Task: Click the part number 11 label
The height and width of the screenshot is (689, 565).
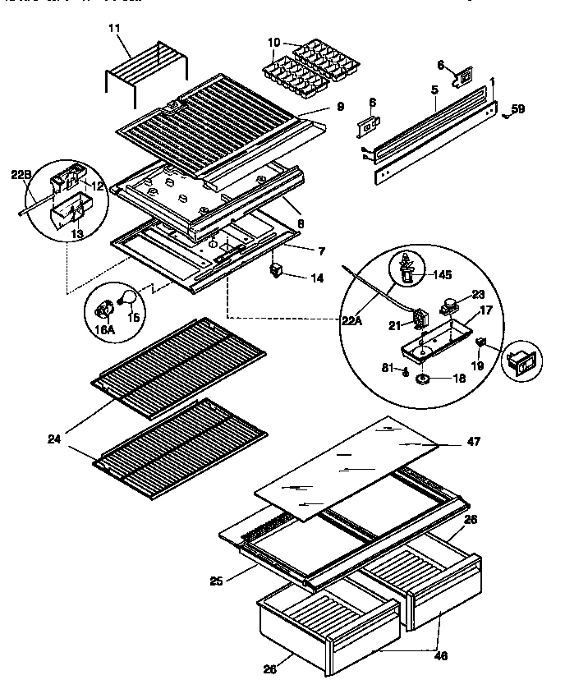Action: coord(114,29)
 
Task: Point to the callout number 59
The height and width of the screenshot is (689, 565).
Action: coord(517,108)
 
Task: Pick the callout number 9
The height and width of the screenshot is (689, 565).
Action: coord(340,107)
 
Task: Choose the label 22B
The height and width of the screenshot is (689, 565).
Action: coord(20,173)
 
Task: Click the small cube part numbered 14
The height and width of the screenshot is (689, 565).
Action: coord(277,270)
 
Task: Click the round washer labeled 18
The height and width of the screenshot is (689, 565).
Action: coord(425,379)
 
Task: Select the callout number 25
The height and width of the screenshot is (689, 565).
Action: coord(216,582)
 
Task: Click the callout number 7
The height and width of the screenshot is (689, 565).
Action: coord(320,248)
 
